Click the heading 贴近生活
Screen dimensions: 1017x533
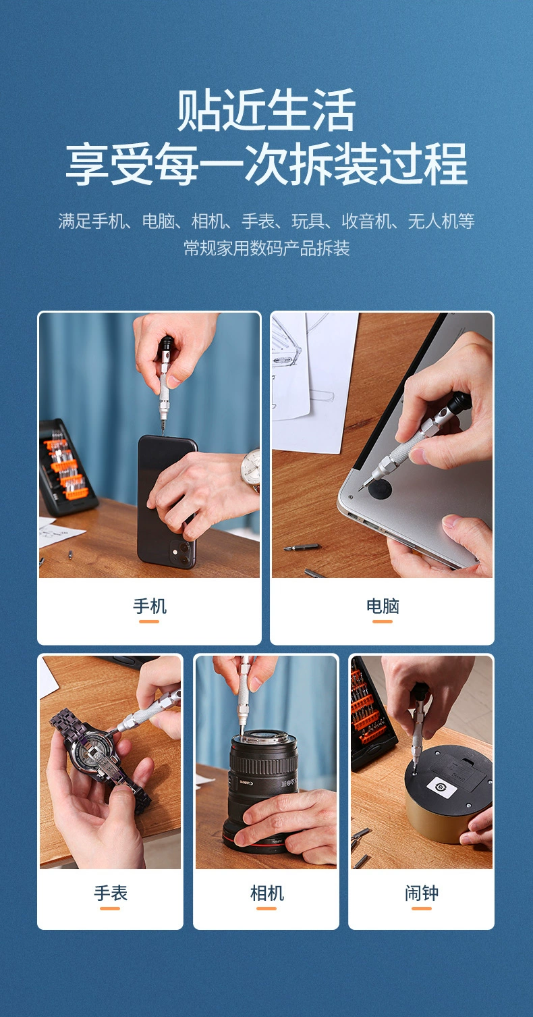click(x=266, y=111)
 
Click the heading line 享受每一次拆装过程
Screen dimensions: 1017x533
click(x=266, y=164)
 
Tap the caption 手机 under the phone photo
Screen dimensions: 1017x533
click(x=149, y=606)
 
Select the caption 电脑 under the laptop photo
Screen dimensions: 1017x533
click(x=383, y=606)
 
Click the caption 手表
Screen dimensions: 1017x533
click(x=110, y=893)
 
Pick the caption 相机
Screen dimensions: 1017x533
click(x=266, y=893)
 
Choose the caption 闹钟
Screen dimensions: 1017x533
click(x=422, y=893)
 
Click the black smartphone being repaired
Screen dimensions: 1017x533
click(x=165, y=500)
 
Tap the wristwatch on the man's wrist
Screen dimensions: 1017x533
click(x=250, y=470)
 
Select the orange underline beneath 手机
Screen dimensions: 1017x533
click(x=149, y=621)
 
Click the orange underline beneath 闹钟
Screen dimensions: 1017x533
click(x=422, y=908)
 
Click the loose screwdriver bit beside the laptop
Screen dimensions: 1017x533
click(x=301, y=547)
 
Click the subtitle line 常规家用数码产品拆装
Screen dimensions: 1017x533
click(x=266, y=248)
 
